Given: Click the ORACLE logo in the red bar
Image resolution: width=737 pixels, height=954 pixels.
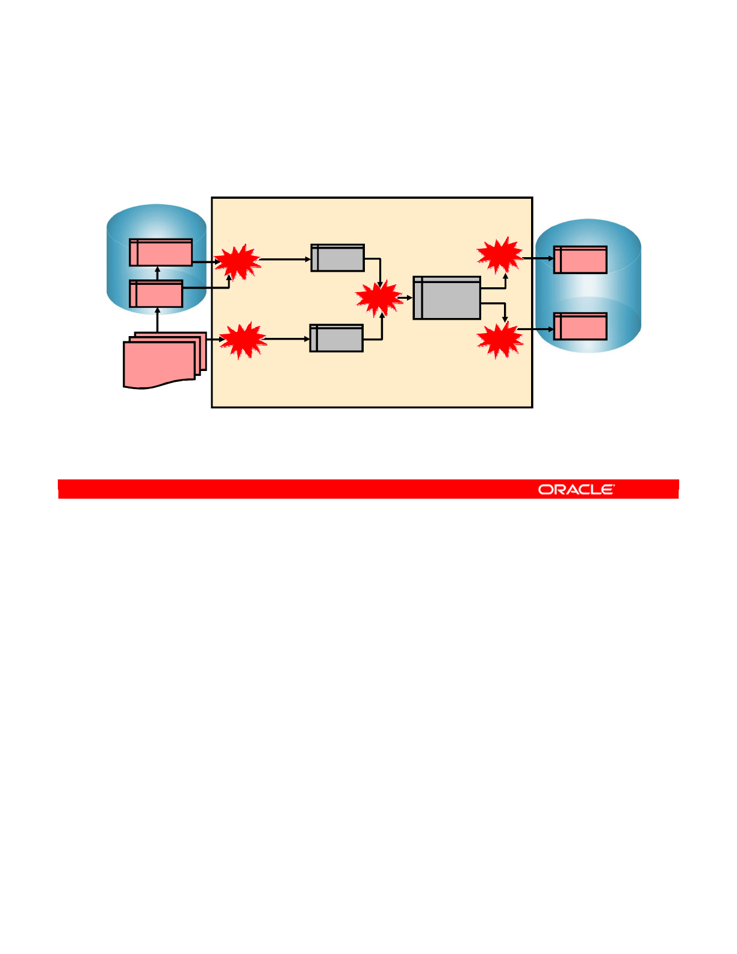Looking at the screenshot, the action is click(x=576, y=489).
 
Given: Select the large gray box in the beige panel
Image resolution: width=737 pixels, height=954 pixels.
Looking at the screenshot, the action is click(x=447, y=298).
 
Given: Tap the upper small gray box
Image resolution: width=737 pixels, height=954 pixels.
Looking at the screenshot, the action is click(x=338, y=258).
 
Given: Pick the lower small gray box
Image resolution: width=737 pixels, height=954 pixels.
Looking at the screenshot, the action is click(x=337, y=338).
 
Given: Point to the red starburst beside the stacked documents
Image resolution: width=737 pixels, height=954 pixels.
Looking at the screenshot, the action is click(x=243, y=340).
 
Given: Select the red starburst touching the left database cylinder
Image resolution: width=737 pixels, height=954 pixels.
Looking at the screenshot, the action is click(x=238, y=262).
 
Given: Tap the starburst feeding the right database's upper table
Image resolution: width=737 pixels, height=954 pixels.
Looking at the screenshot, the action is click(x=499, y=255).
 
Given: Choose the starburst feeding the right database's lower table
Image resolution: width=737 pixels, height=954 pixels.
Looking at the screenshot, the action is click(x=499, y=340).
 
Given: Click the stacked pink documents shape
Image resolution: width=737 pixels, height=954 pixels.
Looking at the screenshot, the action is click(x=163, y=361).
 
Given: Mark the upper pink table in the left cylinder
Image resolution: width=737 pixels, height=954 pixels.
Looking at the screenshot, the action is click(x=161, y=252).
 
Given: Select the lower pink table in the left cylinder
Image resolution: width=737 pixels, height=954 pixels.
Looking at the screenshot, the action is click(x=156, y=294).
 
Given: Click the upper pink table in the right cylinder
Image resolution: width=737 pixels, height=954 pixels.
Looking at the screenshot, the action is click(x=580, y=260).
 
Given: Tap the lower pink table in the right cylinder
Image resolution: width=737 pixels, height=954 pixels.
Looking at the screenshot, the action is click(x=580, y=326).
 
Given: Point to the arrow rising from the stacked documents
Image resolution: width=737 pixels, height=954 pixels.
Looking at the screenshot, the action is click(x=158, y=320).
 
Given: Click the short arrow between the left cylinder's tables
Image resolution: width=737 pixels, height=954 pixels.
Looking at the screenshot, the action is click(x=158, y=273).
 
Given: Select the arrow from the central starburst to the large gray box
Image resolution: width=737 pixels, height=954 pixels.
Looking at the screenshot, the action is click(x=405, y=298).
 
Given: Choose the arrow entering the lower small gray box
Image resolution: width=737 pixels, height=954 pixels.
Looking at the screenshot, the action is click(x=287, y=339).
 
